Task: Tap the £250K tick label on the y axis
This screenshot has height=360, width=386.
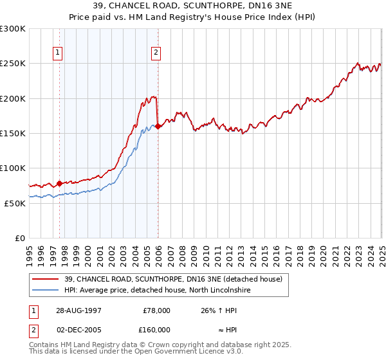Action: tap(12, 64)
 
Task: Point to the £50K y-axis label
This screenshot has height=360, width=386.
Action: tap(14, 203)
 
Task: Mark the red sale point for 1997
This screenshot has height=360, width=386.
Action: tap(60, 183)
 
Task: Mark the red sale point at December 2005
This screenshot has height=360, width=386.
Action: tap(158, 126)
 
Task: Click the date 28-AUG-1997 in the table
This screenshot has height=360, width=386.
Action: tap(78, 310)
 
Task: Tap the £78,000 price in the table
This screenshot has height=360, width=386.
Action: tap(156, 310)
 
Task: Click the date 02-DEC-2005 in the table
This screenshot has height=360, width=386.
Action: tap(78, 329)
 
